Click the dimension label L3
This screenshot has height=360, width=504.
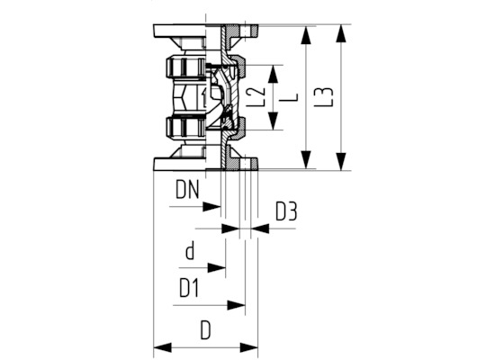tap(328, 96)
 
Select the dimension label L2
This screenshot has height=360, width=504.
tap(256, 97)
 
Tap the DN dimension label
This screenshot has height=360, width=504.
tap(187, 190)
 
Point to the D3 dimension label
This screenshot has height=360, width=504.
tap(286, 211)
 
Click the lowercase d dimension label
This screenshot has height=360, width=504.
tap(190, 251)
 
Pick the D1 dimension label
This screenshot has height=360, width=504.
tap(189, 288)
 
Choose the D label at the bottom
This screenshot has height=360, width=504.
tap(205, 329)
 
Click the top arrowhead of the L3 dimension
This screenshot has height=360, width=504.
tap(341, 33)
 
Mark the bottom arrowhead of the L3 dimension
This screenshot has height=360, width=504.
tap(341, 161)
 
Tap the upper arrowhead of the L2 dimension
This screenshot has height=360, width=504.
tap(274, 74)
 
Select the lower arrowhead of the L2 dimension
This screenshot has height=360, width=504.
tap(274, 121)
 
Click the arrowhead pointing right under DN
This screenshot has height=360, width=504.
tap(211, 207)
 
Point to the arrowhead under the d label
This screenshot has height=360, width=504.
tap(217, 267)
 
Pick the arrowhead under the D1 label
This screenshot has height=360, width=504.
tap(236, 305)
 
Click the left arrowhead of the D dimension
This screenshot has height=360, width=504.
tap(163, 347)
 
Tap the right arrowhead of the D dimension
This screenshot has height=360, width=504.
tap(249, 347)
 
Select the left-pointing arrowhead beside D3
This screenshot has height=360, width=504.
tap(260, 229)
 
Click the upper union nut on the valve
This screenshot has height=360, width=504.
tap(185, 67)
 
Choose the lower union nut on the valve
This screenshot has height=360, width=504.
tap(185, 128)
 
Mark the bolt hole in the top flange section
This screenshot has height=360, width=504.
tap(245, 31)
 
